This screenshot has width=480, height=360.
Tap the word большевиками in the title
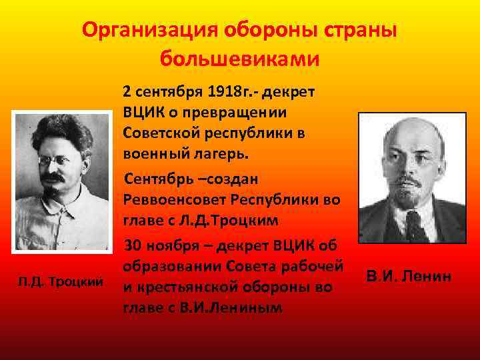click(240, 59)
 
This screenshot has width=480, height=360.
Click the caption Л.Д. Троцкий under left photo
click(61, 283)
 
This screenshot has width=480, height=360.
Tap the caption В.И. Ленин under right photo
click(409, 274)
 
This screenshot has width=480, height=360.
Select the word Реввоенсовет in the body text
click(168, 199)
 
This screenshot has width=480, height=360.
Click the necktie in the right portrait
click(415, 226)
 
